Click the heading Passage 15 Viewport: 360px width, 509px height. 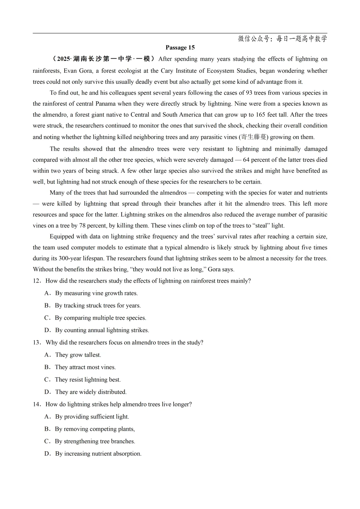coord(180,48)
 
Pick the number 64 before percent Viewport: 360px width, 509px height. coord(246,160)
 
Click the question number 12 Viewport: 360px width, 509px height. coord(36,281)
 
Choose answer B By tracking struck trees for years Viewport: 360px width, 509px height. coord(98,306)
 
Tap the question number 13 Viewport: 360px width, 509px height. coord(36,343)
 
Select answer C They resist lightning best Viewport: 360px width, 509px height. coord(88,380)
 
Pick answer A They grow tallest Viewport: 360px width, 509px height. coord(78,355)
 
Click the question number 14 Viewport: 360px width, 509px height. coord(36,404)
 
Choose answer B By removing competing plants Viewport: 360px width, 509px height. coord(95,429)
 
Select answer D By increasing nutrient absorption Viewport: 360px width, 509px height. coord(98,454)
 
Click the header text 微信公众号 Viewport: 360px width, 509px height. coord(254,39)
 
